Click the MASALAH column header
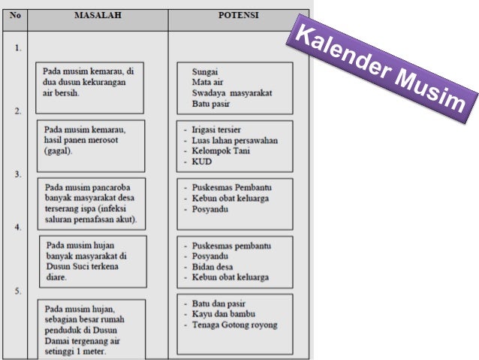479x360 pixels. (x=98, y=15)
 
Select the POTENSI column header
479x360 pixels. (x=238, y=15)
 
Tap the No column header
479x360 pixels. (x=15, y=15)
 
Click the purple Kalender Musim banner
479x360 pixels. (x=382, y=68)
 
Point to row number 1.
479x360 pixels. (x=18, y=48)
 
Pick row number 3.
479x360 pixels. (x=18, y=174)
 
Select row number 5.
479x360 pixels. (x=18, y=291)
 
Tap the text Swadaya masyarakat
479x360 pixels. (x=232, y=93)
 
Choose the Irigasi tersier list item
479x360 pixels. (x=216, y=130)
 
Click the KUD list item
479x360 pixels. (x=202, y=162)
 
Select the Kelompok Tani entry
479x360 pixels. (x=221, y=151)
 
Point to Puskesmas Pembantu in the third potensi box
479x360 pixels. (x=231, y=187)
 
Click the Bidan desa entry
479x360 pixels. (x=212, y=267)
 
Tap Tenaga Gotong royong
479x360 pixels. (x=234, y=325)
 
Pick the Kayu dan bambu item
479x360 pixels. (x=223, y=314)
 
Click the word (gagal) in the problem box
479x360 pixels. (x=58, y=151)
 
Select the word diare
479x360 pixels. (x=56, y=277)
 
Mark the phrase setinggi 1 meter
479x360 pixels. (x=75, y=352)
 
